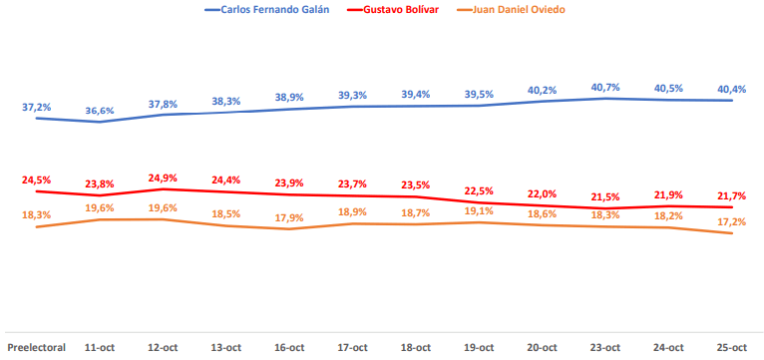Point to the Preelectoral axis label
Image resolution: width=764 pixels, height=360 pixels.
click(x=36, y=347)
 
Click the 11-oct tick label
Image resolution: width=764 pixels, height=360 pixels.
click(x=99, y=347)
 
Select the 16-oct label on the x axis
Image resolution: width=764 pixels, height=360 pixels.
click(x=289, y=347)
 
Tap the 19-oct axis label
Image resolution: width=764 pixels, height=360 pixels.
click(x=479, y=347)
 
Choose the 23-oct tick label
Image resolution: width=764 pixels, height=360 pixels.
click(x=605, y=347)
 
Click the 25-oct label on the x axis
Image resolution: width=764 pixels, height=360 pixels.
click(x=732, y=347)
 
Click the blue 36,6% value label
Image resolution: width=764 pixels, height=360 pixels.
click(x=99, y=111)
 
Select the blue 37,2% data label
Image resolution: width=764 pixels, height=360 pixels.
click(x=36, y=105)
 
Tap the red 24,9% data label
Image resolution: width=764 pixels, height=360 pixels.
click(x=163, y=178)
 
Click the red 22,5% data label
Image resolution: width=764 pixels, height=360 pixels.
click(x=479, y=190)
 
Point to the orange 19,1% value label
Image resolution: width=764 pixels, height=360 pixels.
click(x=479, y=210)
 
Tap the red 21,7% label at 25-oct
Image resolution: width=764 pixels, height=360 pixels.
click(x=732, y=195)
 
